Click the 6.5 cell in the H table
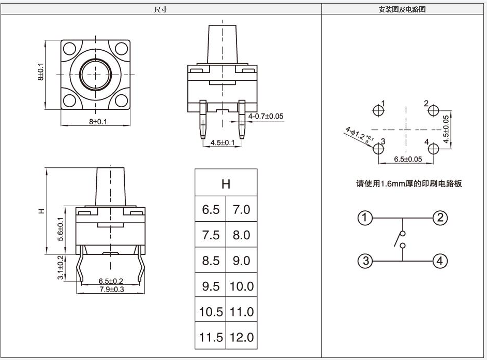coord(211,210)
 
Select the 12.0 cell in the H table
coord(241,338)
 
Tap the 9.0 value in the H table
coord(241,261)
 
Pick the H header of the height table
coord(226,184)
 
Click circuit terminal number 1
coord(365,218)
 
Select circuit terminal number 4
coord(440,261)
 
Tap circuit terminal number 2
coord(440,218)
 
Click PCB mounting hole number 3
coord(379,149)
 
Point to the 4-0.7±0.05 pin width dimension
coord(266,116)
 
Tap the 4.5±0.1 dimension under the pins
coord(223,142)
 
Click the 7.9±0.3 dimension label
coord(108,290)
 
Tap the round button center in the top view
coord(94,75)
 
